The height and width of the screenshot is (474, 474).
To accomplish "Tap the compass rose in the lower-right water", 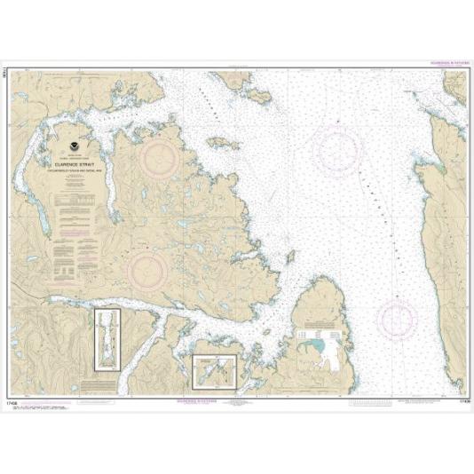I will [397, 319].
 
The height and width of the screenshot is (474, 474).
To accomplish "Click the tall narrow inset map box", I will [107, 339].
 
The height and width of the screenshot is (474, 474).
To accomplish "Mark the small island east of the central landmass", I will [288, 257].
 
